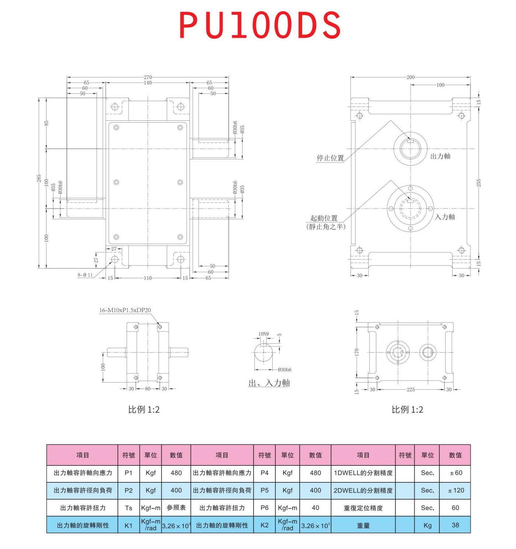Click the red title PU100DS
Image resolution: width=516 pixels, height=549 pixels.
click(260, 25)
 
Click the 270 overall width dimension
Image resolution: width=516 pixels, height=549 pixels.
click(147, 77)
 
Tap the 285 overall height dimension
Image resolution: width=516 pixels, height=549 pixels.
click(39, 179)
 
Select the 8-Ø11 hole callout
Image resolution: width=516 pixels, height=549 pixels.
click(85, 275)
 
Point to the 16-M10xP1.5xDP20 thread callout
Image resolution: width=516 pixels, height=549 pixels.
click(125, 310)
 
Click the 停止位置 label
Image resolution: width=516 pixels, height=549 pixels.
click(330, 158)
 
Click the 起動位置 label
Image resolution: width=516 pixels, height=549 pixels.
click(324, 218)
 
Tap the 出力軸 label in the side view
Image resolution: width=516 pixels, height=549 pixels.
click(440, 156)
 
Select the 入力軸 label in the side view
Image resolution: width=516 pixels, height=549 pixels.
click(445, 217)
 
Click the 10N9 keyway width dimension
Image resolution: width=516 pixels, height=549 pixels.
click(263, 334)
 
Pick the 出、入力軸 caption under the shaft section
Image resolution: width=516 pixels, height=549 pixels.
click(269, 383)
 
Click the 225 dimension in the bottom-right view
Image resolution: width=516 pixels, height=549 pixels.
click(411, 389)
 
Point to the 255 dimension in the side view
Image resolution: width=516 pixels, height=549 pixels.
click(479, 183)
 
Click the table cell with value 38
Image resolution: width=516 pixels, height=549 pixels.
click(455, 525)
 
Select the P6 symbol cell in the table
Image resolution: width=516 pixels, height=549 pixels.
click(264, 508)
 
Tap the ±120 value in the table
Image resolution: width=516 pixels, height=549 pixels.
click(456, 490)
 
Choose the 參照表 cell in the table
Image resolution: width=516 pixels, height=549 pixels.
click(176, 508)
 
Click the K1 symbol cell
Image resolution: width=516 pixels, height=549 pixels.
click(128, 525)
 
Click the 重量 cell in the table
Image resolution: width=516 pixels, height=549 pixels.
click(363, 525)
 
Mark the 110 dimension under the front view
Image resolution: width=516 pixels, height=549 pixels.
click(147, 278)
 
